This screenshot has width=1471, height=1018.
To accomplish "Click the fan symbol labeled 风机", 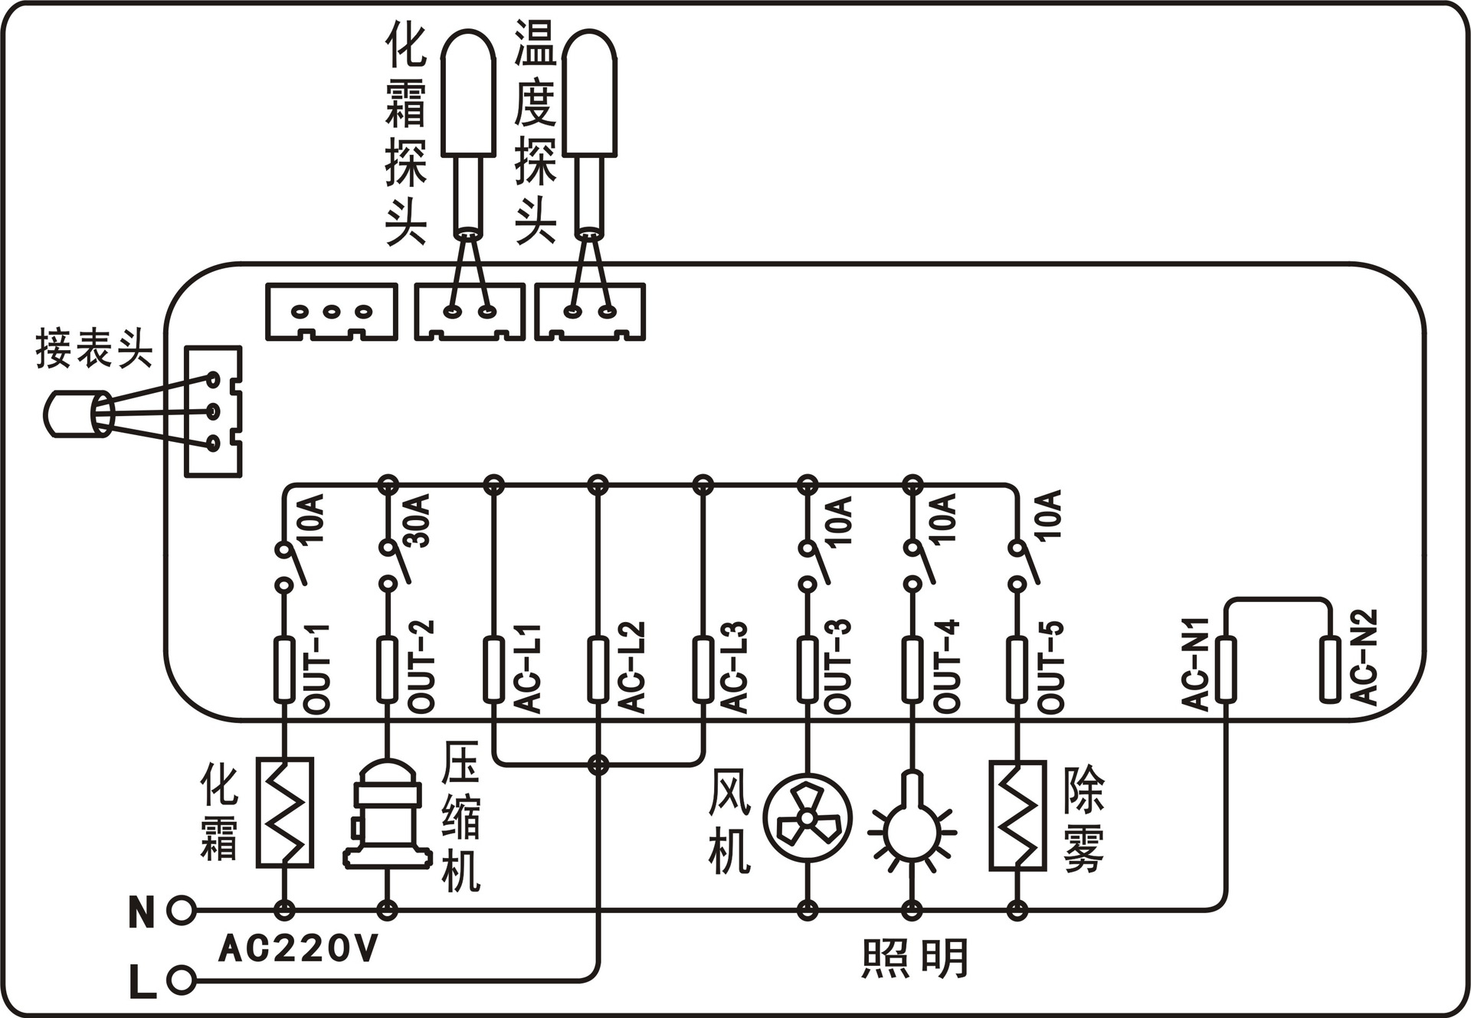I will point(807,818).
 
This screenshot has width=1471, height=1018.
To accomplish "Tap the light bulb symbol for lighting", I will point(912,827).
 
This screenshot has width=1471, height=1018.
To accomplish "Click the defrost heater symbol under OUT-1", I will point(284,812).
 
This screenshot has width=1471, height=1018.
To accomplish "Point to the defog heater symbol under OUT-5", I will point(1017,815).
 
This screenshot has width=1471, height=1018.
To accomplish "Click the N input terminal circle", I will point(181,910).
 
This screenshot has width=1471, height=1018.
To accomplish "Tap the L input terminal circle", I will point(181,979).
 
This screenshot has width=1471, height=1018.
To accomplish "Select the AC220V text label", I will point(299,949).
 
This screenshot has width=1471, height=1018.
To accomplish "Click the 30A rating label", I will point(418,521).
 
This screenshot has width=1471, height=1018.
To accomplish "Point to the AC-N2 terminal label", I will point(1363,656).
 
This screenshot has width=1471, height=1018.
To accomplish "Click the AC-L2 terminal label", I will point(631,668).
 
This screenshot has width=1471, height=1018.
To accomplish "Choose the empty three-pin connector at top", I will point(331,311).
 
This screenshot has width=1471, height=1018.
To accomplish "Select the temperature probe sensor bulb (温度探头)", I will point(589,92).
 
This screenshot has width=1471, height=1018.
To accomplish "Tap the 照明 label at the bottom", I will point(915,958).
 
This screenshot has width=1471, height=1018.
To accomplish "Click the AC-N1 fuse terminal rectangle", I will point(1225,669).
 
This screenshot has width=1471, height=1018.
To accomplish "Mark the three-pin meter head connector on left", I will point(214,411).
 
